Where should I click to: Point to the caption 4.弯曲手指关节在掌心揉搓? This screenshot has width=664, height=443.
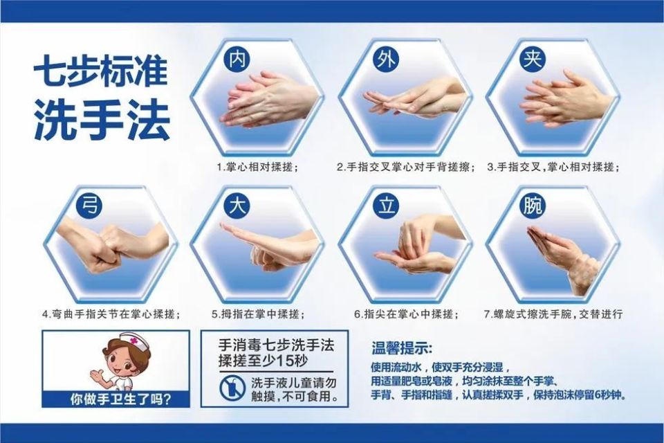coord(111,314)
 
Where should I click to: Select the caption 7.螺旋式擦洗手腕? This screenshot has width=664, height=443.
coord(553,314)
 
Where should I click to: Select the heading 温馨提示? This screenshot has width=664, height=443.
coord(402,347)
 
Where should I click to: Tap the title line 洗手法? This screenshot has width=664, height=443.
coord(101,123)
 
